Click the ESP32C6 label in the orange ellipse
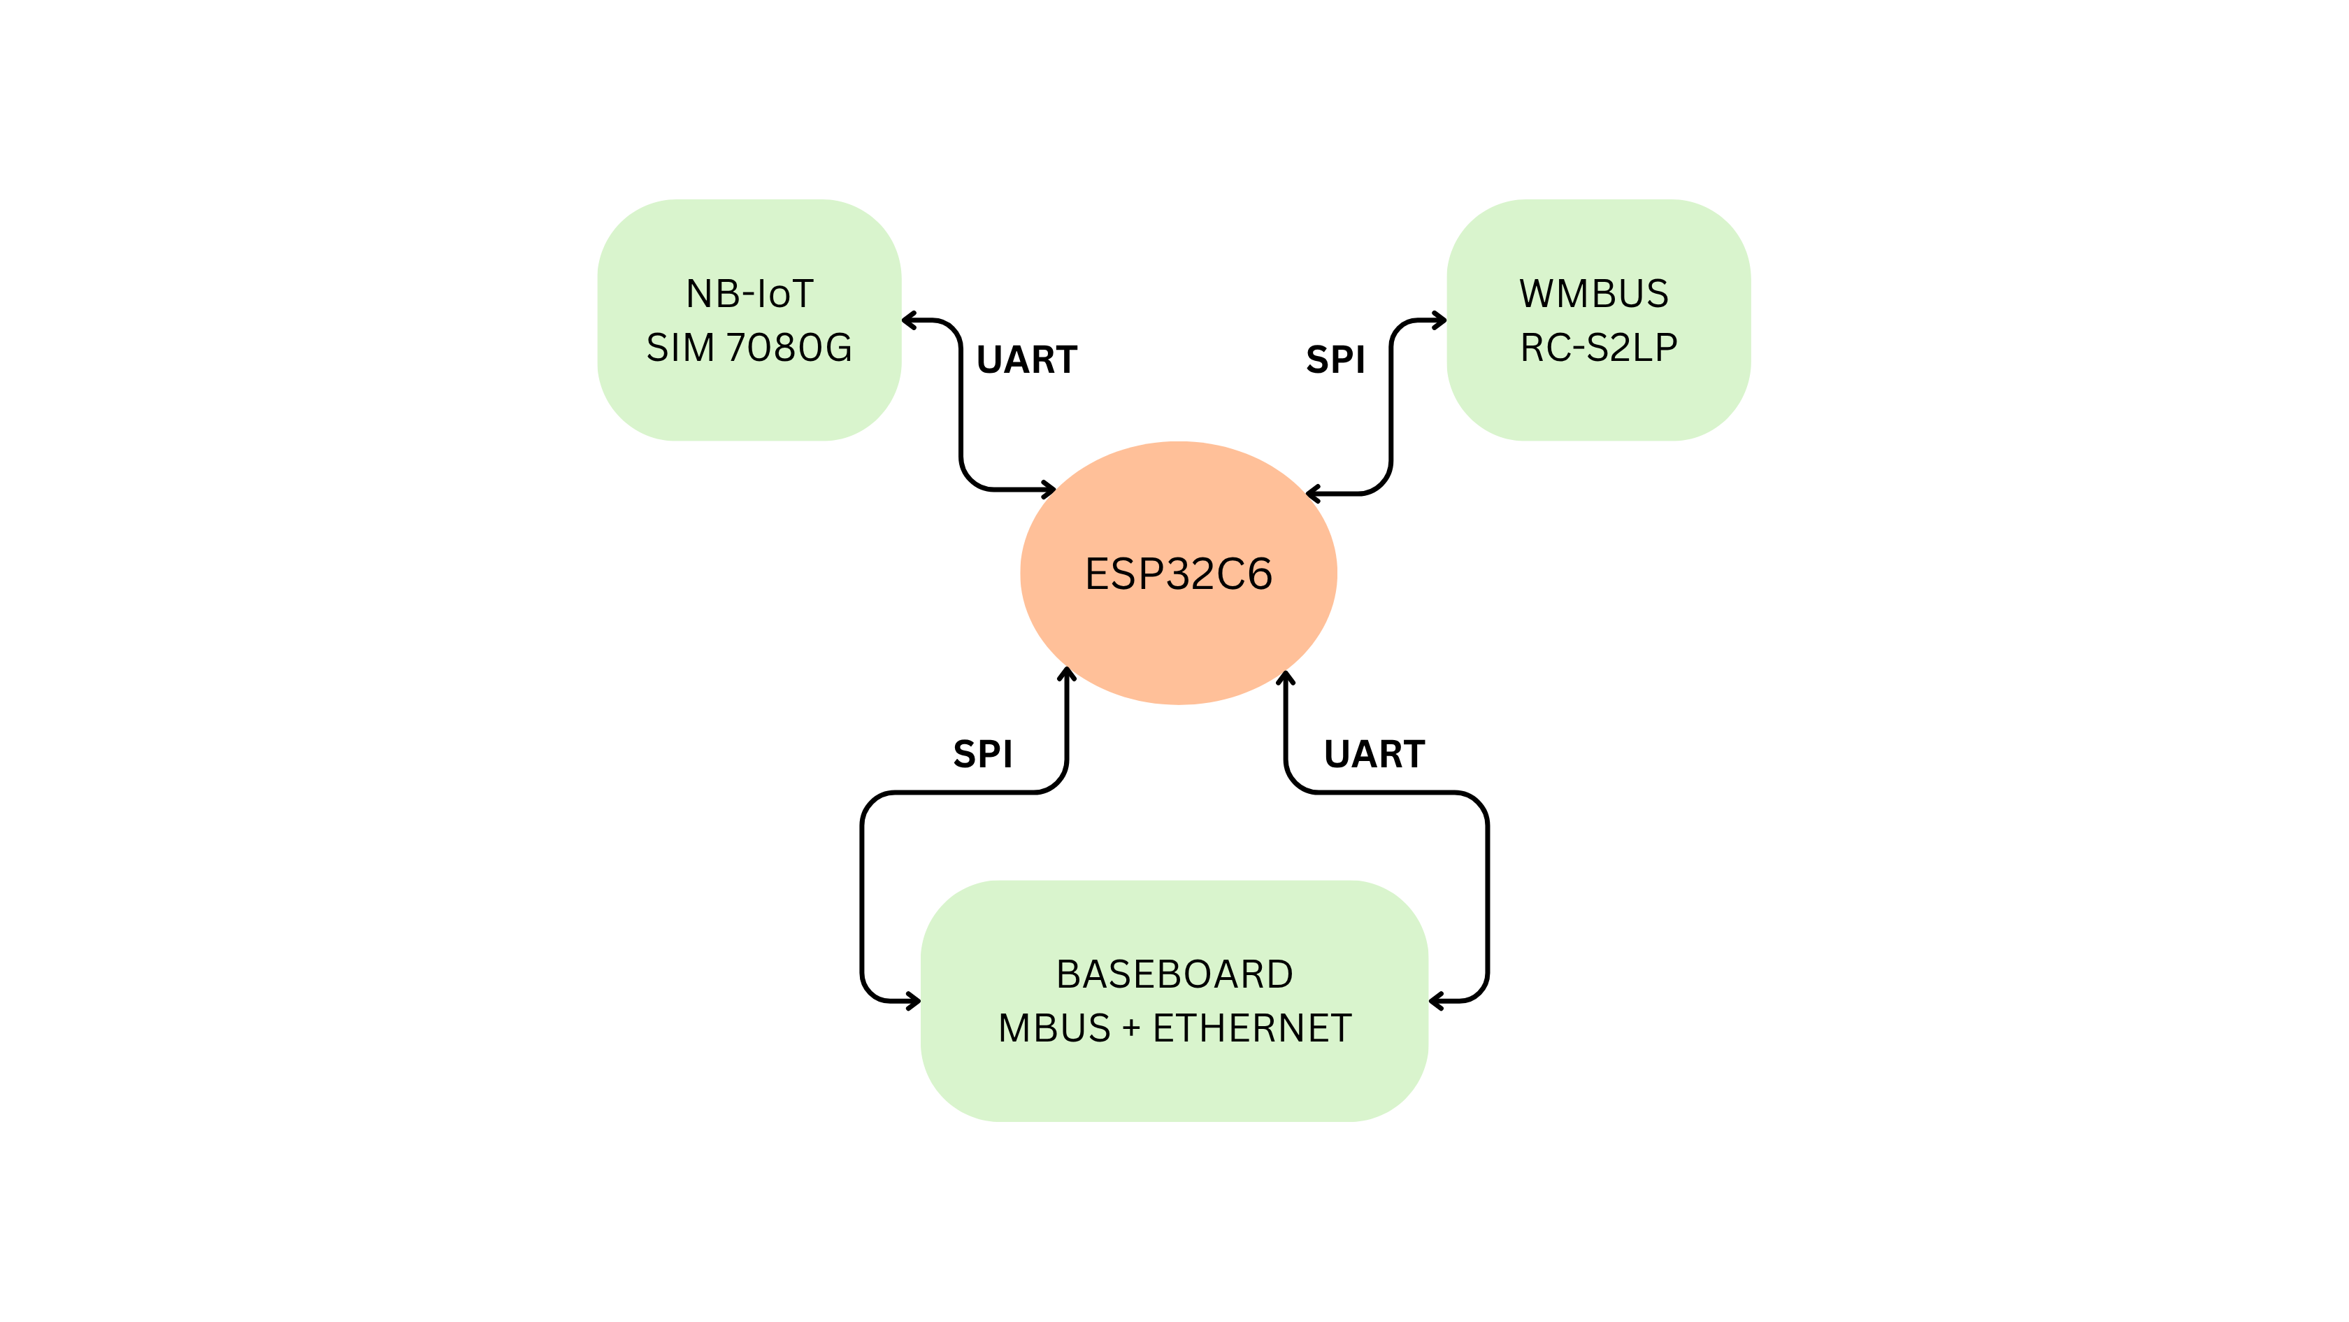(1178, 574)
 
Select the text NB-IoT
(749, 294)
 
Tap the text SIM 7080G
(749, 348)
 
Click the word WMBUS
(1593, 294)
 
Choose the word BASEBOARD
(1174, 974)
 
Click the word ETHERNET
(1252, 1028)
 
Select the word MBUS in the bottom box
(1054, 1028)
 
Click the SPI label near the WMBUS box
(1335, 360)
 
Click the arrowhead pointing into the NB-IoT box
(908, 320)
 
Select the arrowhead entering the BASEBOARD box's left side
(914, 1001)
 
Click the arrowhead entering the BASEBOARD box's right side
(1436, 1001)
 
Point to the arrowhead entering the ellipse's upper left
(1049, 490)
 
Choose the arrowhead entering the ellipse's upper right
(1313, 495)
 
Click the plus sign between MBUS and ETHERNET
(1132, 1028)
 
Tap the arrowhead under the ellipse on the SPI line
(1066, 674)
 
